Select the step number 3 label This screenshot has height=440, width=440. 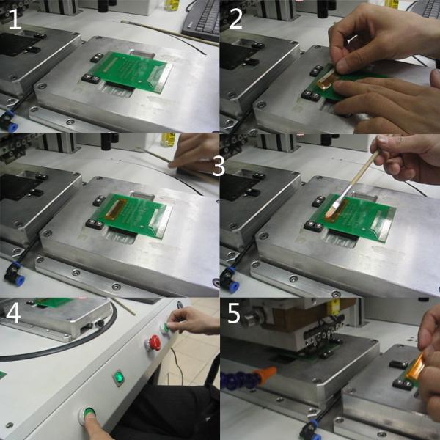(219, 166)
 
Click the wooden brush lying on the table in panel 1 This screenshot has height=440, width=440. (169, 32)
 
